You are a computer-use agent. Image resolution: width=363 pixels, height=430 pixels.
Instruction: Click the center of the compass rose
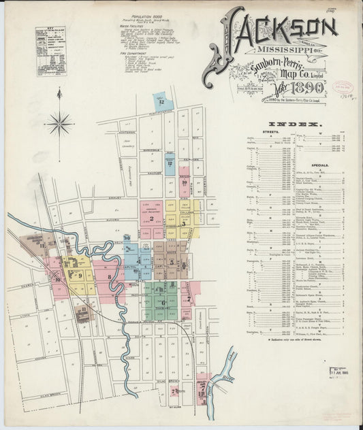[60, 123]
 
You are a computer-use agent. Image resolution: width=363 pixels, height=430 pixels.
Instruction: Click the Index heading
[305, 125]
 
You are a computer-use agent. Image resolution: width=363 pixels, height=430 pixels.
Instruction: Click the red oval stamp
[343, 88]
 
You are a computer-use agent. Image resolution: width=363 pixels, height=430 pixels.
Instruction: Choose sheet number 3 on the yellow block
[185, 212]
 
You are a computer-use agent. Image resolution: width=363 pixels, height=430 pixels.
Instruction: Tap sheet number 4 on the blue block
[139, 261]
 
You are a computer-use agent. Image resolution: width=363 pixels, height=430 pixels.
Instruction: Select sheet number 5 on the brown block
[172, 262]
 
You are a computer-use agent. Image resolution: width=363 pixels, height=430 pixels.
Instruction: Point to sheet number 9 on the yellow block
[80, 275]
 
